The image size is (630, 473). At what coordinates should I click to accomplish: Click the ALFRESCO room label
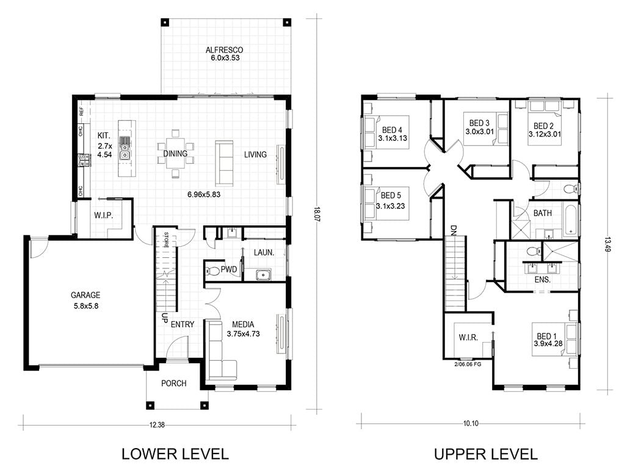pyautogui.click(x=224, y=50)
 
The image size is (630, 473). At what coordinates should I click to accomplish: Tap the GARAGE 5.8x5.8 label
pyautogui.click(x=85, y=301)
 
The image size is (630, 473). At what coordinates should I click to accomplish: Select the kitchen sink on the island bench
pyautogui.click(x=125, y=148)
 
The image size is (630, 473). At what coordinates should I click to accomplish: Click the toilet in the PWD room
pyautogui.click(x=212, y=271)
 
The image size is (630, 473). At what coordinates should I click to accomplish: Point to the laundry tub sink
pyautogui.click(x=264, y=275)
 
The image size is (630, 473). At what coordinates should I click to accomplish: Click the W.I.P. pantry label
pyautogui.click(x=104, y=215)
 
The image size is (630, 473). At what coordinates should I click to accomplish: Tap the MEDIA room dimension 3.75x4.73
pyautogui.click(x=243, y=334)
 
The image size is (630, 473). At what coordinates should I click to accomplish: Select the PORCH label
pyautogui.click(x=173, y=383)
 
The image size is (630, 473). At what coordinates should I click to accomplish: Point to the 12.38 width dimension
pyautogui.click(x=157, y=424)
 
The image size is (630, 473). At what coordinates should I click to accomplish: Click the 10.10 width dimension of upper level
pyautogui.click(x=471, y=423)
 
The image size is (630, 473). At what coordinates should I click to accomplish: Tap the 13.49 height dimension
pyautogui.click(x=607, y=244)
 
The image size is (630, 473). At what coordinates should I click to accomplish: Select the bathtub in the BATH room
pyautogui.click(x=570, y=220)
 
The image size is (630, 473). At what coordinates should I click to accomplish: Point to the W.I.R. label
pyautogui.click(x=468, y=338)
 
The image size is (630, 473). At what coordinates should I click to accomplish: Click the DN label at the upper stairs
pyautogui.click(x=454, y=229)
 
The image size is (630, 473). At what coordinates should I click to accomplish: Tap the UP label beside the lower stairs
pyautogui.click(x=164, y=318)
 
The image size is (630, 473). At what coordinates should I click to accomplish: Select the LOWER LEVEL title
pyautogui.click(x=175, y=453)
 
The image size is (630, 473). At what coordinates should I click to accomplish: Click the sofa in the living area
pyautogui.click(x=224, y=163)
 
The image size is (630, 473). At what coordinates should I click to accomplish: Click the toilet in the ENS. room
pyautogui.click(x=533, y=251)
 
